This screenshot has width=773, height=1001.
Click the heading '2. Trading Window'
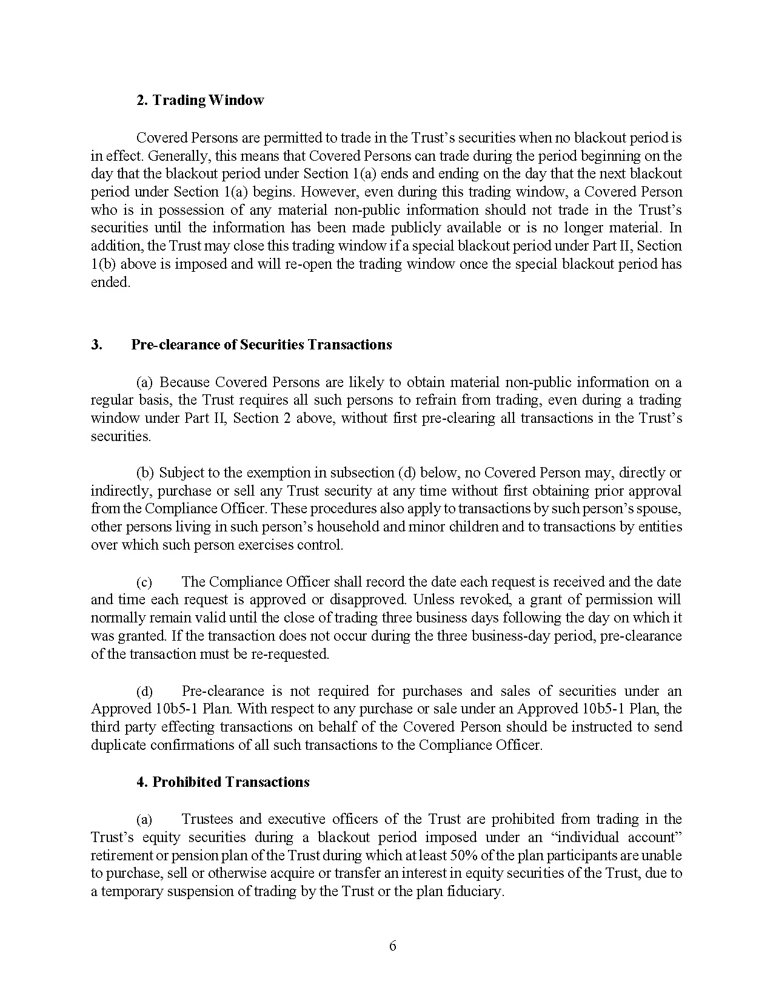pyautogui.click(x=200, y=100)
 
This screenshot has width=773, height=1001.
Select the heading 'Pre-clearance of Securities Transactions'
pyautogui.click(x=261, y=345)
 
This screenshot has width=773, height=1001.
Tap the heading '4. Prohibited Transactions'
pyautogui.click(x=223, y=782)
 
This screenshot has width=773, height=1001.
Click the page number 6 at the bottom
pyautogui.click(x=392, y=946)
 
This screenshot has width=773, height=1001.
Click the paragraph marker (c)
pyautogui.click(x=144, y=582)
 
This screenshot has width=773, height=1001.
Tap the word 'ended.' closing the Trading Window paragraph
pyautogui.click(x=110, y=282)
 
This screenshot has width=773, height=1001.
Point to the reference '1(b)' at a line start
pyautogui.click(x=102, y=264)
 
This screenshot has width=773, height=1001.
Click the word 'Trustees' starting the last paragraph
pyautogui.click(x=206, y=819)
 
